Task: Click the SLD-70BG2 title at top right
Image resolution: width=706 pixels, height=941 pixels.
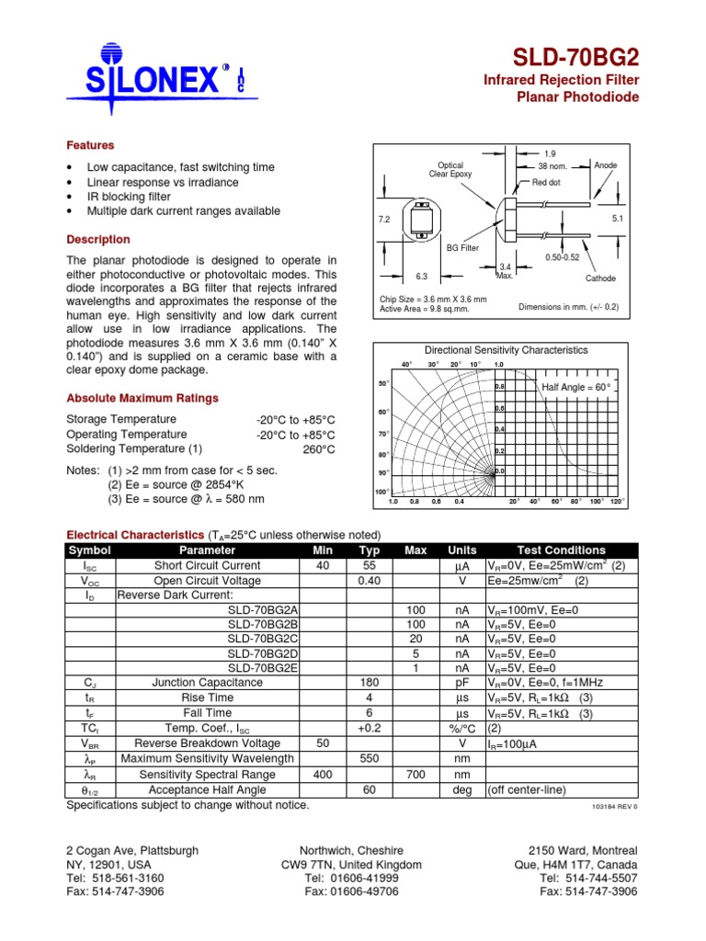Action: click(x=581, y=58)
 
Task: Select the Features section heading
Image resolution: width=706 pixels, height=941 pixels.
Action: click(x=90, y=145)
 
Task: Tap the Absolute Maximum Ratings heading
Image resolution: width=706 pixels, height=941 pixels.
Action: click(x=142, y=398)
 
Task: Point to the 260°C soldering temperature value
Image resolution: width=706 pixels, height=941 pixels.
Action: click(x=319, y=449)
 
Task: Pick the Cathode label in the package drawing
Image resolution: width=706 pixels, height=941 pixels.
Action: click(x=600, y=278)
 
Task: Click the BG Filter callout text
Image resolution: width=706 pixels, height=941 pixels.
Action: click(x=462, y=248)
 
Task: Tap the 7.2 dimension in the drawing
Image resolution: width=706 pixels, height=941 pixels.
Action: click(x=384, y=221)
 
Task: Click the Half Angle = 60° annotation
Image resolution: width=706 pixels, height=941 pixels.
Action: click(x=576, y=387)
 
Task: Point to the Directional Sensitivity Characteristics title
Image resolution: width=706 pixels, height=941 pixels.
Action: click(x=506, y=350)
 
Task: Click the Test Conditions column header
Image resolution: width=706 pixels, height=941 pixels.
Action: click(x=561, y=550)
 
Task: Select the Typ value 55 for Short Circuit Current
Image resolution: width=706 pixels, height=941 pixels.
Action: click(x=369, y=566)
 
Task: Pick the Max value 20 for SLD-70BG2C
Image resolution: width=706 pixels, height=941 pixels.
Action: click(x=416, y=639)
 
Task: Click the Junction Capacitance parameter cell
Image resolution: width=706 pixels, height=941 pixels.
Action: click(x=207, y=683)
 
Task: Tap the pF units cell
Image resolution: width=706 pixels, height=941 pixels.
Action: click(x=461, y=683)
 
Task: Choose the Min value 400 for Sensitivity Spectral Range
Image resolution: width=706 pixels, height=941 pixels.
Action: click(x=323, y=775)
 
